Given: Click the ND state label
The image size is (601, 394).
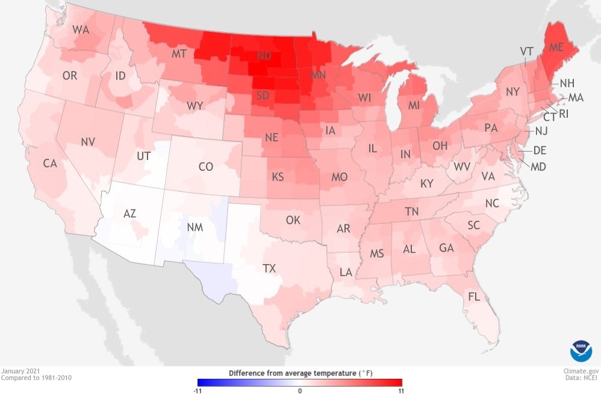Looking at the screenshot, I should click(x=263, y=56).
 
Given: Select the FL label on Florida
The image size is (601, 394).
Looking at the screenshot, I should click(x=475, y=297).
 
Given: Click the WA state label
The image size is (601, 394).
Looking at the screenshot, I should click(x=81, y=29).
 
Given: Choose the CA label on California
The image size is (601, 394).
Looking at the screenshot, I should click(x=50, y=163).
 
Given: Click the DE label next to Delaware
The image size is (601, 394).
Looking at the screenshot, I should click(x=540, y=150).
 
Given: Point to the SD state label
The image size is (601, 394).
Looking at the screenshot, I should click(x=263, y=96).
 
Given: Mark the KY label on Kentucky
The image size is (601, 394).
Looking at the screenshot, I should click(x=426, y=183).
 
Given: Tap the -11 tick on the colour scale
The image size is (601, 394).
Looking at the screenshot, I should click(x=198, y=390).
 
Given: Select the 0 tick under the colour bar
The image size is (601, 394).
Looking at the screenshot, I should click(x=300, y=390).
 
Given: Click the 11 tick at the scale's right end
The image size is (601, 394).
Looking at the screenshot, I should click(x=400, y=390).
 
